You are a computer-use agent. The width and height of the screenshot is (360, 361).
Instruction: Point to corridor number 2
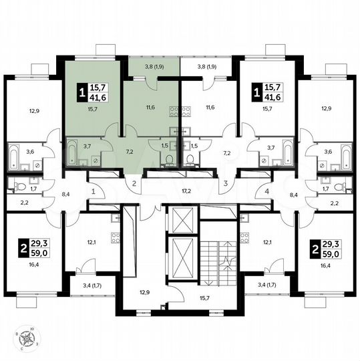click(134, 183)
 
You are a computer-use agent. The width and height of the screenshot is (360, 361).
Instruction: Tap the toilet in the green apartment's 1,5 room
click(169, 158)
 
